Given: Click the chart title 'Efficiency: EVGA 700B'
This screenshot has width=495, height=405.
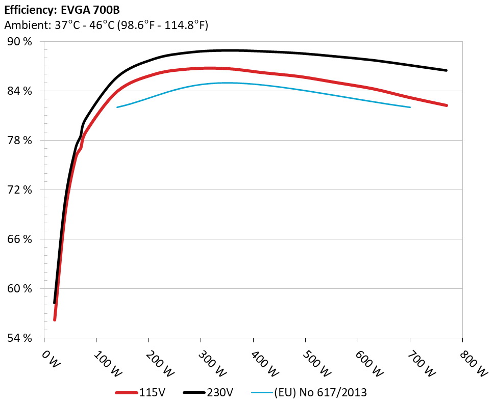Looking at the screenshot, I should pos(62,10).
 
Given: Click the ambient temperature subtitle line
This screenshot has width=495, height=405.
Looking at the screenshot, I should pos(106,25).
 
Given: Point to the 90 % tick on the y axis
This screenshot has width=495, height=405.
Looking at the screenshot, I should pos(19,42).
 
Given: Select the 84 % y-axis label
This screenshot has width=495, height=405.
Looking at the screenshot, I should pos(19,91).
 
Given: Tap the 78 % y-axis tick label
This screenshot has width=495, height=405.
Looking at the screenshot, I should pos(19,141).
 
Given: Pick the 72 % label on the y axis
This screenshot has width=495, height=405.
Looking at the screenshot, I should pos(19,190).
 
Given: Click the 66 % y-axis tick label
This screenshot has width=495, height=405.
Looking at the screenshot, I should pos(19,239).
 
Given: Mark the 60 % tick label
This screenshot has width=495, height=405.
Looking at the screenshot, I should pos(19,289).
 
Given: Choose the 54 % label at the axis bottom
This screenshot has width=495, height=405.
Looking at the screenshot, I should pos(19,338).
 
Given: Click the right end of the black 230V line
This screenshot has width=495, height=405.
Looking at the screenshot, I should pos(447,70).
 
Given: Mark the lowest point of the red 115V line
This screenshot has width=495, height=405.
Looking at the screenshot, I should pos(55,320).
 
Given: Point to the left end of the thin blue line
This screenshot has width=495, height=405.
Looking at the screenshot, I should pos(117,107).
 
